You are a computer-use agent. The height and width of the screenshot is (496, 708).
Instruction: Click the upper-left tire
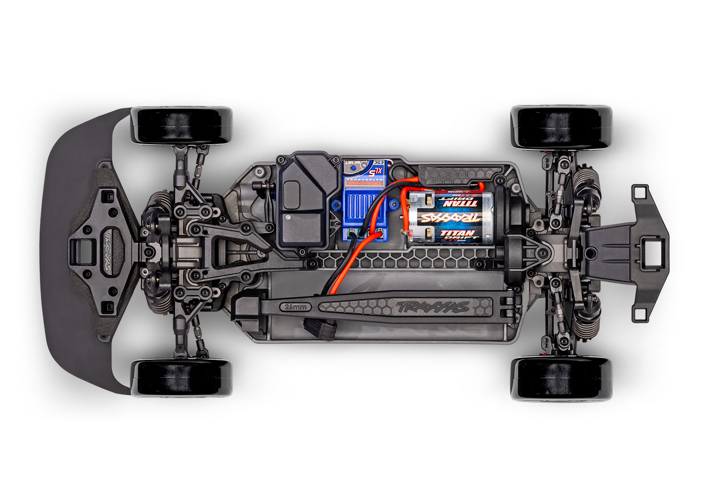pos(182,126)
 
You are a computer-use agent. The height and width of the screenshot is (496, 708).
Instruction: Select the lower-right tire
pos(562,378)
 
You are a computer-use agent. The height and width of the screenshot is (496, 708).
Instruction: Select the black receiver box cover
pos(301,201)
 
